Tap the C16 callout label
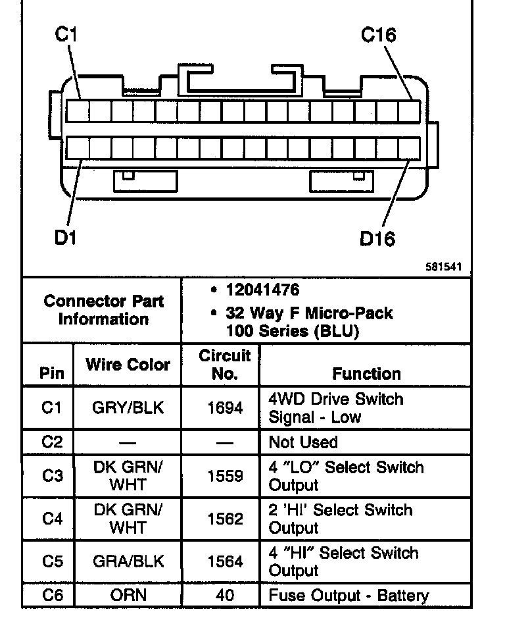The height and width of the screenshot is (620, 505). (379, 35)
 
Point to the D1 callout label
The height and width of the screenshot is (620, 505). (65, 237)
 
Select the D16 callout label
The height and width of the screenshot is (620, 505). (377, 238)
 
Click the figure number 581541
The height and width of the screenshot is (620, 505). (445, 267)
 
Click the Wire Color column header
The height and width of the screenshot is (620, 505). (128, 365)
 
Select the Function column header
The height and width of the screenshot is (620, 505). (366, 373)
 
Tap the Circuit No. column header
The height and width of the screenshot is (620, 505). (225, 365)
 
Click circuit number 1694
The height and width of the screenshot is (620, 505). (225, 408)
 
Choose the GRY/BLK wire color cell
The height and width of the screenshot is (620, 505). (128, 408)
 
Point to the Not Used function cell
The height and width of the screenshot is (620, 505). (303, 442)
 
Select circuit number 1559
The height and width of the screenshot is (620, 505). (225, 476)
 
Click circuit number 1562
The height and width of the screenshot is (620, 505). (225, 519)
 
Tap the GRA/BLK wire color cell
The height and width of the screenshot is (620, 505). (128, 562)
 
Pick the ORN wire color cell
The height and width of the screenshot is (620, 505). (128, 596)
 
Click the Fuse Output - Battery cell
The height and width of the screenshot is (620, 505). (349, 596)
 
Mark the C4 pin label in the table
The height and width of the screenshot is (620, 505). (51, 519)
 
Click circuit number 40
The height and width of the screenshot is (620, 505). (225, 596)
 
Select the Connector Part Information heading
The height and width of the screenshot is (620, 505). (103, 311)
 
